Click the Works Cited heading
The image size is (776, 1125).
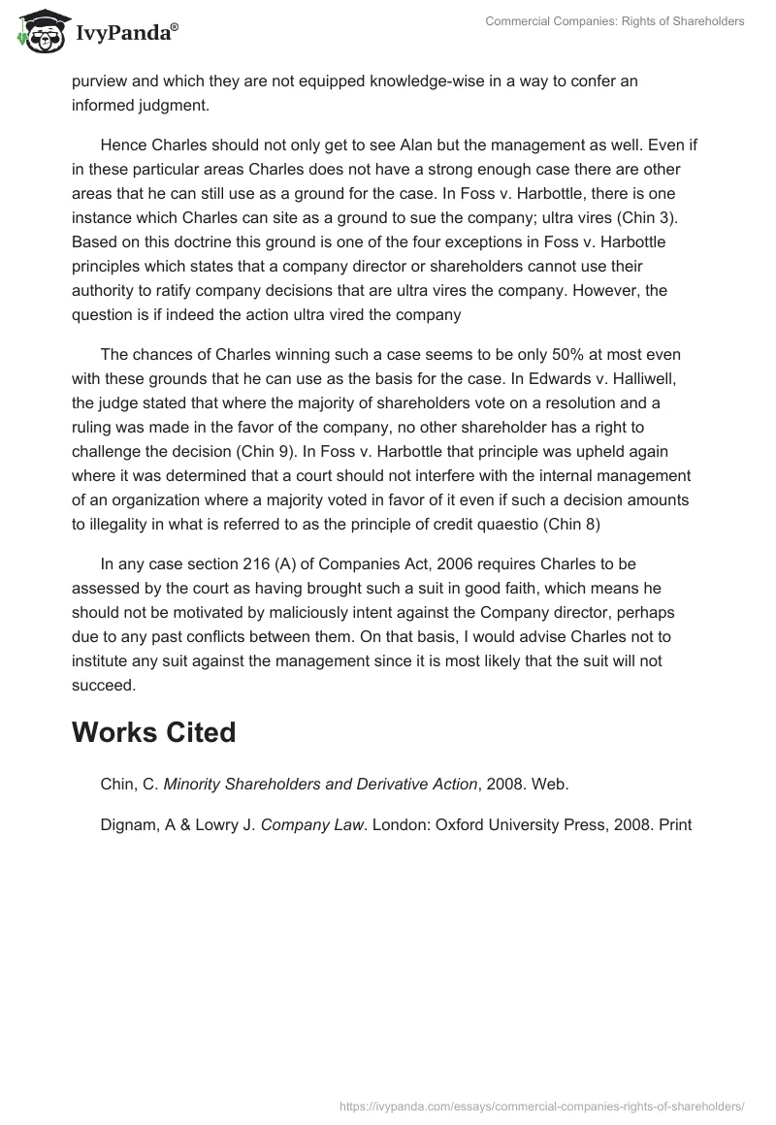pyautogui.click(x=153, y=732)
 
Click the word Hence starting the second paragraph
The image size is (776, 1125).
pyautogui.click(x=123, y=147)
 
